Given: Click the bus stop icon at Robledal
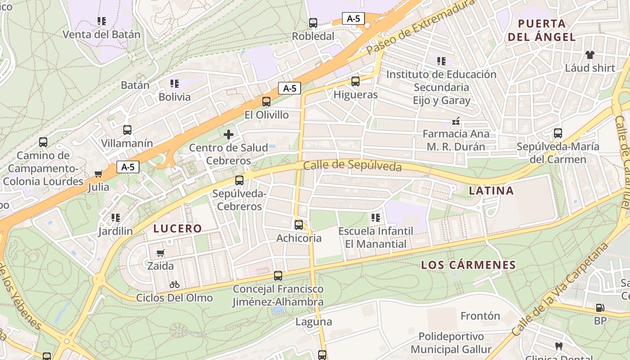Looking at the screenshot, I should [313, 22].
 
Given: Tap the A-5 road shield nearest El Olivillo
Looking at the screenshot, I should [289, 88].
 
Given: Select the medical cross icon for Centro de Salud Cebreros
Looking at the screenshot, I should [229, 134].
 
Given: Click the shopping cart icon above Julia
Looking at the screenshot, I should [99, 174].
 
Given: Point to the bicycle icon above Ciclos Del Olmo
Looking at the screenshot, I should [175, 284].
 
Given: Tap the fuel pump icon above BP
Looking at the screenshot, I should [600, 308].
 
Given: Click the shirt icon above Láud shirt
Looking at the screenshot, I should [589, 55].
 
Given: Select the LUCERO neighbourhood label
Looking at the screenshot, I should [178, 229].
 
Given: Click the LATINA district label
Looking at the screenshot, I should [491, 191].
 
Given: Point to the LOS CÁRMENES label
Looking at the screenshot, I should [468, 265].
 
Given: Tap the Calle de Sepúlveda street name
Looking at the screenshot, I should [352, 166].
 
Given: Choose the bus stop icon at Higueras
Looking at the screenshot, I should [355, 81].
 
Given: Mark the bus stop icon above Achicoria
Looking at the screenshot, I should [299, 225].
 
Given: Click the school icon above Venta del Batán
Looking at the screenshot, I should [102, 21].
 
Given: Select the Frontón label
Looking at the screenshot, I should [480, 316].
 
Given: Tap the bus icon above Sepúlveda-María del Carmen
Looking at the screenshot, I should [558, 133].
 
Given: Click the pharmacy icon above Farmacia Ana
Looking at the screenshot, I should [456, 121].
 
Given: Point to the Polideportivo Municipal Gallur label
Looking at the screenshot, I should [451, 343].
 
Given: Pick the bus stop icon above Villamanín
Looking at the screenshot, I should [127, 130].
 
